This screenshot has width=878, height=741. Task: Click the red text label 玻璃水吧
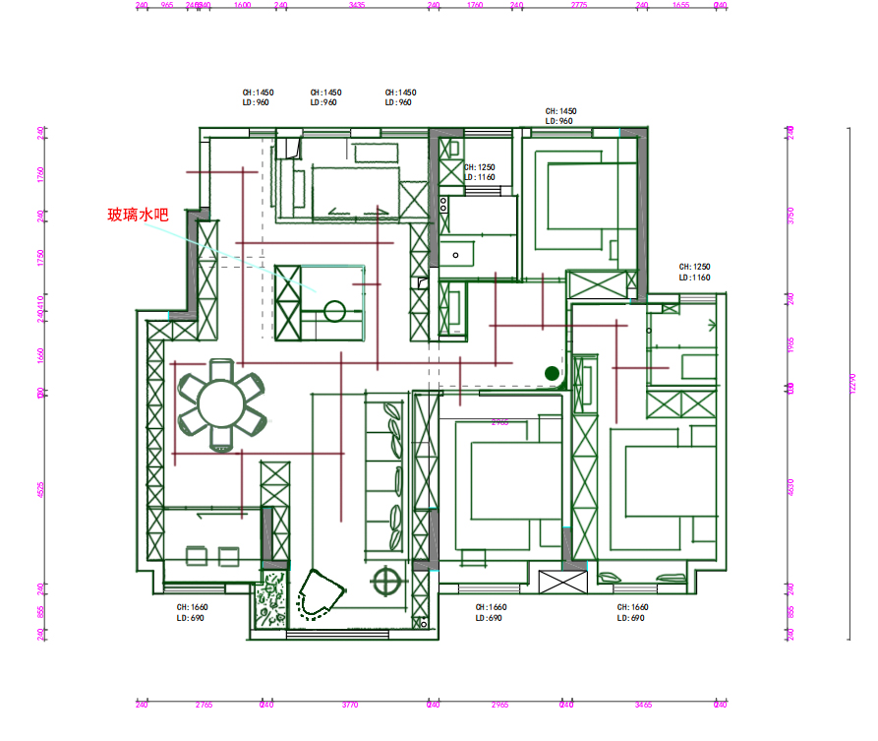tap(138, 214)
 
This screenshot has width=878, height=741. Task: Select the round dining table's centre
tap(220, 401)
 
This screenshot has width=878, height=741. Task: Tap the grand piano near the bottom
tap(318, 596)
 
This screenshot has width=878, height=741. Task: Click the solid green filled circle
tap(552, 373)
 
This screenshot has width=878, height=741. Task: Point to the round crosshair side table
tap(387, 582)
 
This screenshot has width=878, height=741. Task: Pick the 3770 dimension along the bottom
tap(349, 705)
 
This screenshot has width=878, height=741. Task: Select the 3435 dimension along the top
tap(357, 5)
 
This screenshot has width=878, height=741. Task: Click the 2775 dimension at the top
tap(579, 5)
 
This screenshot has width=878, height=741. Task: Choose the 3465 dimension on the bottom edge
tap(643, 705)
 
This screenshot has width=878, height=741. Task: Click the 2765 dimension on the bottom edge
tap(204, 705)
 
